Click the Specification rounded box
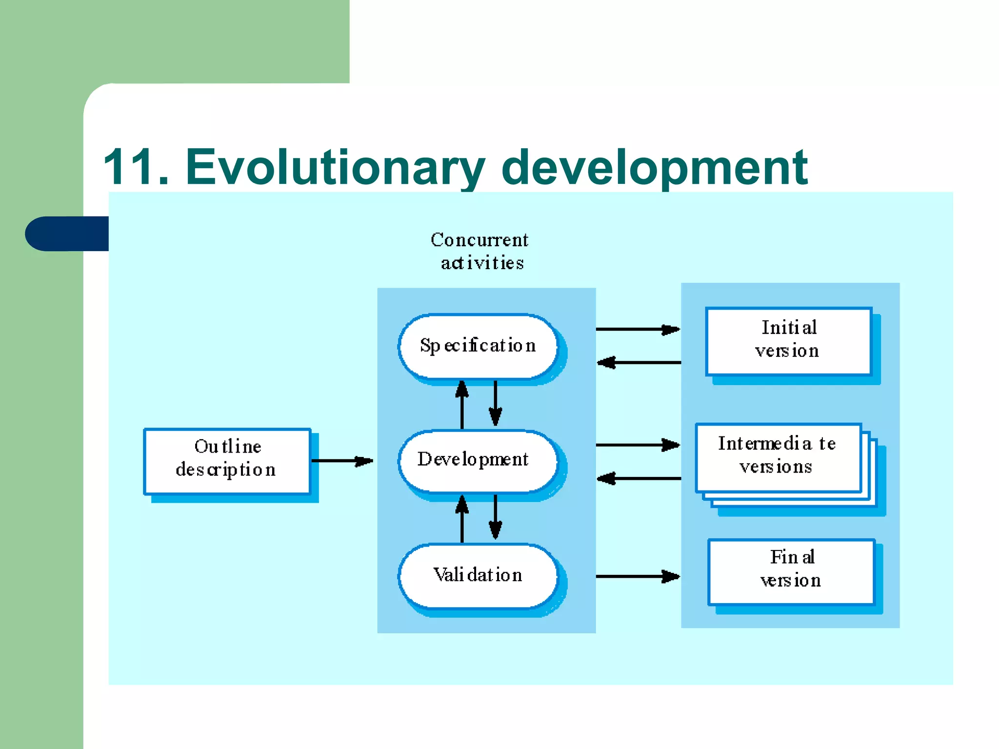(x=478, y=346)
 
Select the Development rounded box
(x=478, y=460)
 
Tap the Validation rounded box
(x=478, y=575)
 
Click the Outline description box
(x=227, y=461)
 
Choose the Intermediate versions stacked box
(x=779, y=457)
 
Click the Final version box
(x=791, y=571)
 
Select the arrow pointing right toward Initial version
(x=638, y=330)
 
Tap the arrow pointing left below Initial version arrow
(x=639, y=362)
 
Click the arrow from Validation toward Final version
(x=638, y=576)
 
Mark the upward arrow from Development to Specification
(x=462, y=405)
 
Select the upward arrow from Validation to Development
(x=462, y=519)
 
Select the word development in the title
(x=654, y=167)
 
